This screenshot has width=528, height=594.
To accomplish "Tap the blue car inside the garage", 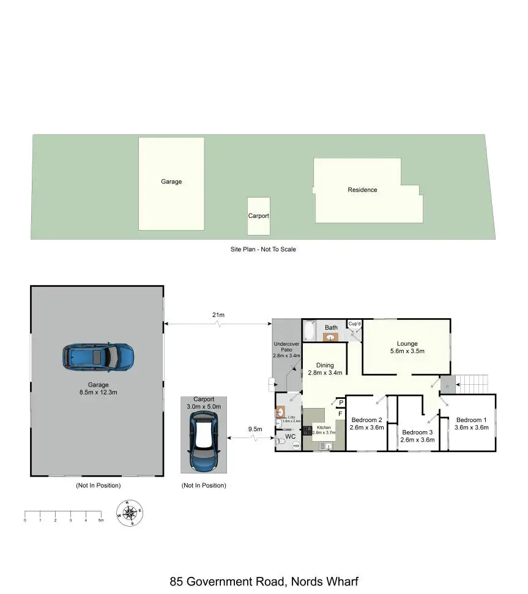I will [x=98, y=356].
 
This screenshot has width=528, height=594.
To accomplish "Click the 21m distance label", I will [x=218, y=315].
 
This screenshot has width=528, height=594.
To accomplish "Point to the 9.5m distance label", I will [x=255, y=429].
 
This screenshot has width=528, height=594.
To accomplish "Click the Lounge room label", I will [x=407, y=347].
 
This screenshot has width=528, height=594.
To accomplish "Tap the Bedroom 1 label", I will [x=472, y=423].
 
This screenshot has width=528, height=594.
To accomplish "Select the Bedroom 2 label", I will [x=366, y=423].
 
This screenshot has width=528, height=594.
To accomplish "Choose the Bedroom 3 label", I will [x=417, y=436].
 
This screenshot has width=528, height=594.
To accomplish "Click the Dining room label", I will [x=325, y=369].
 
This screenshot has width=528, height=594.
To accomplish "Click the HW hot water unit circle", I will [x=296, y=446].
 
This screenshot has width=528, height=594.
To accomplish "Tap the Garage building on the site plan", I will [x=171, y=183].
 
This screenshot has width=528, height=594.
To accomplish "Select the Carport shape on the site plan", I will [x=258, y=216].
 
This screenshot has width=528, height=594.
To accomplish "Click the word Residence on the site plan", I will [x=362, y=190].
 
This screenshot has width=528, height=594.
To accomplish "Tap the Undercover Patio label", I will [x=286, y=351].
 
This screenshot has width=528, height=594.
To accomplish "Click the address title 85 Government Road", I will [x=264, y=581].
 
